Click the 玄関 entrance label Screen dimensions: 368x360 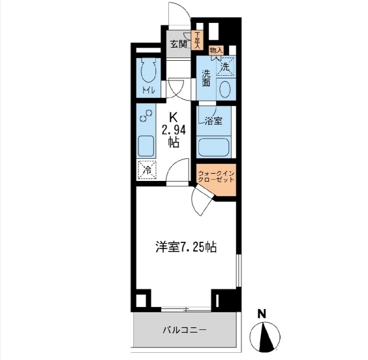(179, 44)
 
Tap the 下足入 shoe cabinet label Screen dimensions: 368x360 (197, 41)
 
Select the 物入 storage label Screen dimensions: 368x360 (216, 50)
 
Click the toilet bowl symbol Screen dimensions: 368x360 (148, 71)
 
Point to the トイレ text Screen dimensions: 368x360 (148, 90)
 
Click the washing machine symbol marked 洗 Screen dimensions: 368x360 (225, 67)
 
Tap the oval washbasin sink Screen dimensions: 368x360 (225, 90)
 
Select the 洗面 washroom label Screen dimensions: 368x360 (206, 78)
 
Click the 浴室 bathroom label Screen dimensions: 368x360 (213, 121)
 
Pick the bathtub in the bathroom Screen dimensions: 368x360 (213, 148)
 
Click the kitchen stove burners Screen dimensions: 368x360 (146, 116)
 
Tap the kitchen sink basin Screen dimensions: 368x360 (146, 147)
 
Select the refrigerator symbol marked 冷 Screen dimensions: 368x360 (147, 170)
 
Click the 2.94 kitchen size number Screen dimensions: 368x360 (174, 130)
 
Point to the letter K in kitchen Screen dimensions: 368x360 (173, 118)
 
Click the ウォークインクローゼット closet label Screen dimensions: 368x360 (216, 176)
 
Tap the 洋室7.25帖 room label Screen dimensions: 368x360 (186, 247)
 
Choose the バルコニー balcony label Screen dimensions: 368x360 (185, 330)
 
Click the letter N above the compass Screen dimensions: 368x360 (262, 314)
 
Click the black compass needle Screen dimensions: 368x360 (266, 336)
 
